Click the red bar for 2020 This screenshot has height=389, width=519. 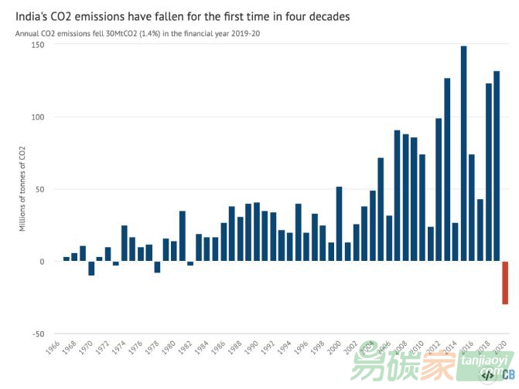505,282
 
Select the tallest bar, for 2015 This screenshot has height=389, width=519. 463,154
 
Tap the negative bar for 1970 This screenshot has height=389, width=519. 91,268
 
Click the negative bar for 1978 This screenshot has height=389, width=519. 157,267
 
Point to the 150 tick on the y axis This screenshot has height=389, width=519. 38,45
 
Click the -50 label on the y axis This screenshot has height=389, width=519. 36,333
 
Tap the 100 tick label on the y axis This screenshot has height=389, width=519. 38,117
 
